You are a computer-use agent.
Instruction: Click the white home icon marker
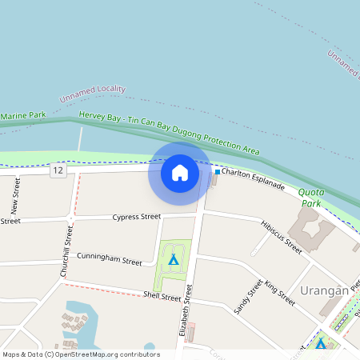coord(179,172)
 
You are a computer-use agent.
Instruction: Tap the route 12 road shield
coord(58,170)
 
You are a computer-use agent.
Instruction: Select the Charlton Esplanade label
coord(253,178)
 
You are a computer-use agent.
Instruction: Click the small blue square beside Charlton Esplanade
coord(217,171)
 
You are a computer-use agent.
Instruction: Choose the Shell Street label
coord(162,296)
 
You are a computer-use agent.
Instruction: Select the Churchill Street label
coord(66,251)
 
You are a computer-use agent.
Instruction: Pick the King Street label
coord(279,293)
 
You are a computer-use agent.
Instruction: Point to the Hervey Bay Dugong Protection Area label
coord(170,134)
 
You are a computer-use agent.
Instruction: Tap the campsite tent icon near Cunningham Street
coord(173,259)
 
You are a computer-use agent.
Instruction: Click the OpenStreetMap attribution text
coord(81,354)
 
